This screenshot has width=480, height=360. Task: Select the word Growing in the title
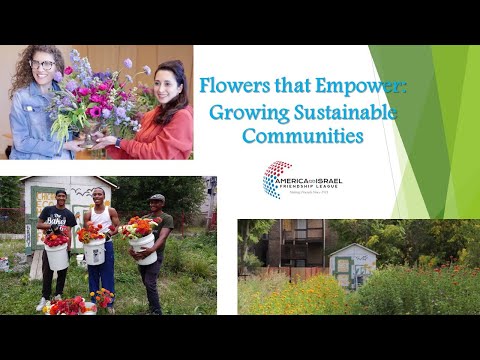tap(241, 112)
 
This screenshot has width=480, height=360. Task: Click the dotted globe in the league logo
tap(276, 179)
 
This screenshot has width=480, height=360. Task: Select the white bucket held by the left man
tap(56, 256)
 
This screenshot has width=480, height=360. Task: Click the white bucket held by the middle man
tap(95, 252)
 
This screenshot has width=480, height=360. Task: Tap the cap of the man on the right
tap(157, 198)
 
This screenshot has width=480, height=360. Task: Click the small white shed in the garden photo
tap(352, 265)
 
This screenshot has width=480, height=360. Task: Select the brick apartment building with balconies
tap(288, 245)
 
